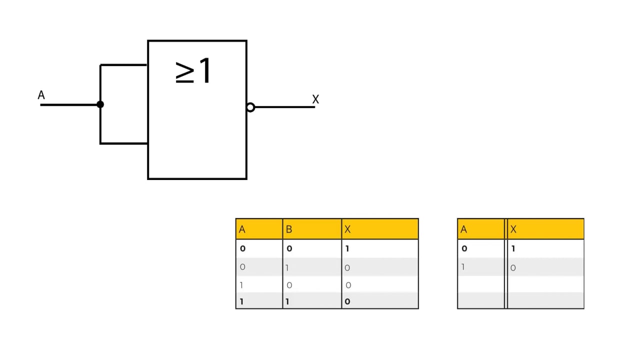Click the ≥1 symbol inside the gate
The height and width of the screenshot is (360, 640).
(193, 70)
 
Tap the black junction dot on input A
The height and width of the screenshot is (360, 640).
(100, 104)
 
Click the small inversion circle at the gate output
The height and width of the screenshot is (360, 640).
(250, 107)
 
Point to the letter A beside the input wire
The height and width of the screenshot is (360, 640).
(41, 95)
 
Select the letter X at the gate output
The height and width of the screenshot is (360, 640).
(315, 99)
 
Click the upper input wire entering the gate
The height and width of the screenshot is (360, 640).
(123, 65)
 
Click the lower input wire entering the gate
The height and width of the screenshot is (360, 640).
(123, 143)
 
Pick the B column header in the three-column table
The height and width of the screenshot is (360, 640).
(289, 229)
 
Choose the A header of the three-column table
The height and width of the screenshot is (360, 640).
(242, 229)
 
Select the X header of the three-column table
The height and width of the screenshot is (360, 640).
(347, 229)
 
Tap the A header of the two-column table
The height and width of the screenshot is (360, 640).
(463, 229)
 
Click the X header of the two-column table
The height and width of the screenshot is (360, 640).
(513, 229)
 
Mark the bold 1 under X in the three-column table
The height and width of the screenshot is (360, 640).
(347, 248)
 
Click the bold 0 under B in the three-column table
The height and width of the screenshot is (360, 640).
(289, 248)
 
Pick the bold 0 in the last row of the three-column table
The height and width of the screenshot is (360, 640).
(347, 301)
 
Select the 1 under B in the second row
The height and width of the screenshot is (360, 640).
(287, 268)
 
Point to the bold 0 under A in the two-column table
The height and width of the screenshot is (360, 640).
(464, 248)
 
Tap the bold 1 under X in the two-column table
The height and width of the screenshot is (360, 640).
(513, 248)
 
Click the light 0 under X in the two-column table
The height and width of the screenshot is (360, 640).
(513, 268)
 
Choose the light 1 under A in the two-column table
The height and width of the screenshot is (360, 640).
(463, 267)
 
